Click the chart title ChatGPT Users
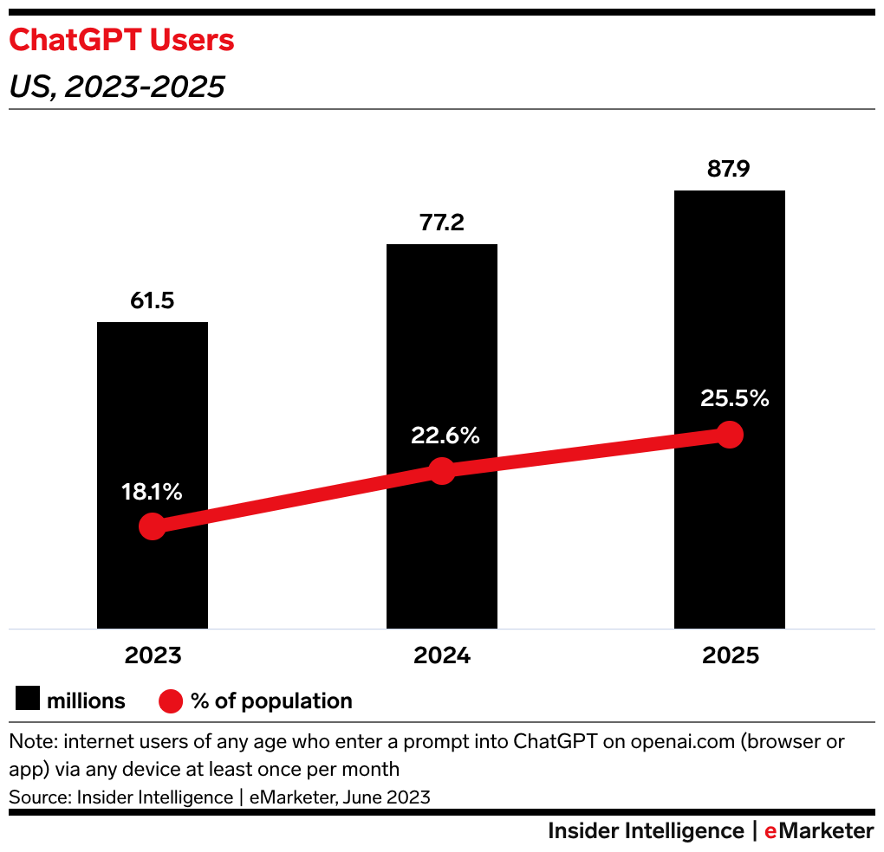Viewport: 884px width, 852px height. click(x=121, y=40)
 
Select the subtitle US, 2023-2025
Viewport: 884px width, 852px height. click(x=117, y=87)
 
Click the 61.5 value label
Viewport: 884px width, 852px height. click(x=152, y=300)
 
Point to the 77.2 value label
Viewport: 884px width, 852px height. click(x=441, y=223)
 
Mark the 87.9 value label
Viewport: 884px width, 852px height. click(x=729, y=169)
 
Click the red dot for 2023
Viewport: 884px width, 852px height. click(x=153, y=526)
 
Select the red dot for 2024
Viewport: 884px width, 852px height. click(x=442, y=471)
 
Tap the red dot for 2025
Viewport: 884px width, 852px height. click(x=731, y=435)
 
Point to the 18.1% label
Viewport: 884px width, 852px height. click(x=152, y=493)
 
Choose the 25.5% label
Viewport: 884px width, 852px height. click(x=733, y=399)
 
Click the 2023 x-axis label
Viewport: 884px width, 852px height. click(x=153, y=655)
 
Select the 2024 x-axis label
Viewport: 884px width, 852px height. click(x=442, y=655)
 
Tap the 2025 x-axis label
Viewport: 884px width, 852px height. click(x=731, y=655)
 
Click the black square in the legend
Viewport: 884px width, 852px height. click(x=28, y=700)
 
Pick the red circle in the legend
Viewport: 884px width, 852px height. click(x=172, y=700)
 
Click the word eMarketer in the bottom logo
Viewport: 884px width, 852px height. click(x=819, y=831)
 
